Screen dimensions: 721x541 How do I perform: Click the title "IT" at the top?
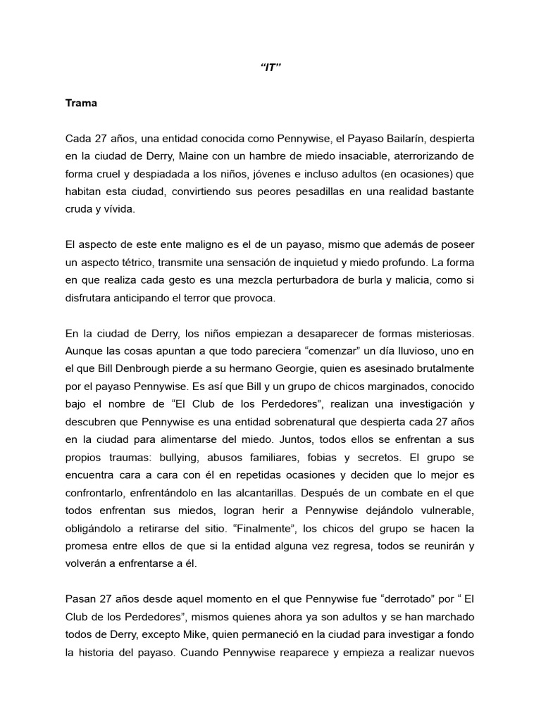coord(270,68)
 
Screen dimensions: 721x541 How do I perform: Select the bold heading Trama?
coord(81,103)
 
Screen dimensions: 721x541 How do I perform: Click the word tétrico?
coord(134,262)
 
